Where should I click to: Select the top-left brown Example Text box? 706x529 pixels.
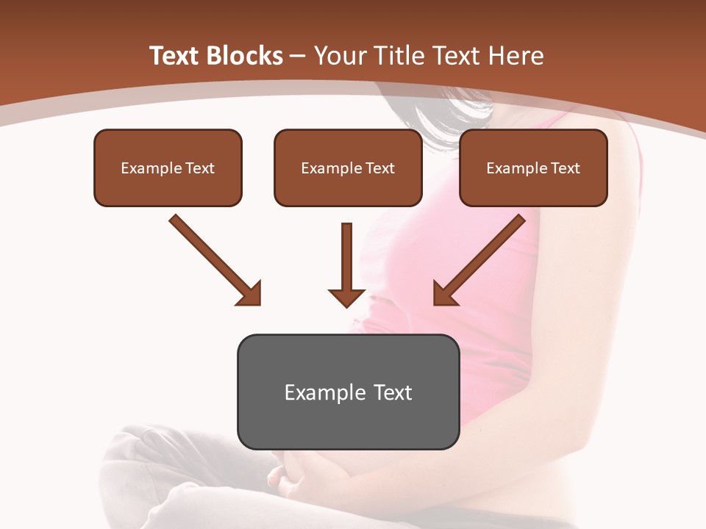[168, 168]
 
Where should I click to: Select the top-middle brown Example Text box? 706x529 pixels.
[348, 168]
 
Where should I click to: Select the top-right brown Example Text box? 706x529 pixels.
[533, 168]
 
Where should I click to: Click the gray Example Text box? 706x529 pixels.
[348, 392]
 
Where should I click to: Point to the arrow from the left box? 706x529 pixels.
[213, 259]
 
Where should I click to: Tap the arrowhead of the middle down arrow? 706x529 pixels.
[347, 296]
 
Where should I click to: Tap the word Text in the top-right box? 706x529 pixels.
[566, 168]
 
